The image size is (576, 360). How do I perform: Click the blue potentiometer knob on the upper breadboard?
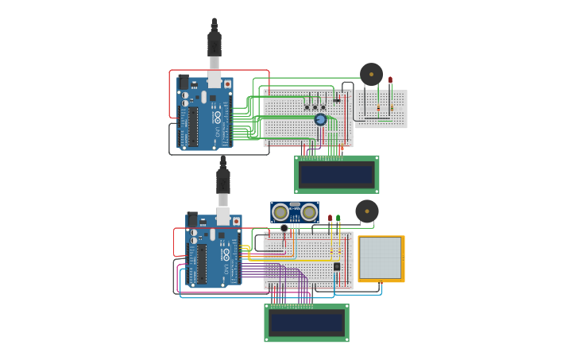tap(320, 120)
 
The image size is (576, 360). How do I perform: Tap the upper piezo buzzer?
tap(371, 74)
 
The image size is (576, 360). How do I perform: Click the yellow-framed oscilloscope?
tap(381, 258)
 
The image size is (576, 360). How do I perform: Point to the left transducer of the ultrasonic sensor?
tap(280, 212)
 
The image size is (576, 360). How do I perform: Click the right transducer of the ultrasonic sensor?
tap(309, 212)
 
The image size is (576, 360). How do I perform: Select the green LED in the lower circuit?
tap(338, 218)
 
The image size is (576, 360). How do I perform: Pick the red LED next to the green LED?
tap(330, 218)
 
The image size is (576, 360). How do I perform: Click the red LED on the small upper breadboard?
tap(390, 80)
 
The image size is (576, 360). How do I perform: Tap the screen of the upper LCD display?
tap(336, 174)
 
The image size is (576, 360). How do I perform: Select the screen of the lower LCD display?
tap(307, 323)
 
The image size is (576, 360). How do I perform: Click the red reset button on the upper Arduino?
tap(227, 83)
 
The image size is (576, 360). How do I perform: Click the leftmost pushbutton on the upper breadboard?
tap(307, 107)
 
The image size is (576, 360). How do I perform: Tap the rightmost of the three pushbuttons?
tap(323, 107)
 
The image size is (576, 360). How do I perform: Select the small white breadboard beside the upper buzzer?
tap(381, 109)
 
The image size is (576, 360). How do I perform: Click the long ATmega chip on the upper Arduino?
tap(192, 127)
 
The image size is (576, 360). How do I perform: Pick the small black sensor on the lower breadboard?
tap(337, 267)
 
